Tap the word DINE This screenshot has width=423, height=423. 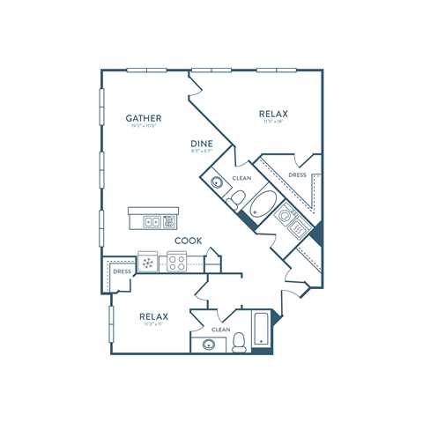[x=202, y=143]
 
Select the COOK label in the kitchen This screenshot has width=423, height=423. [x=188, y=240]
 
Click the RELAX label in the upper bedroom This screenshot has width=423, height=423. [x=275, y=114]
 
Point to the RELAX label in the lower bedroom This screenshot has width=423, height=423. [x=153, y=315]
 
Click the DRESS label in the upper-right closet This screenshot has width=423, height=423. [x=298, y=175]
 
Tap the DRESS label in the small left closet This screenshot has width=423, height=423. [x=122, y=271]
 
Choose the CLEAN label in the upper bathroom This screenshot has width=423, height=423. [x=241, y=179]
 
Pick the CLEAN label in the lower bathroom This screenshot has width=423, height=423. [x=220, y=330]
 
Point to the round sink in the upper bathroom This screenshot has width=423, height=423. [x=217, y=183]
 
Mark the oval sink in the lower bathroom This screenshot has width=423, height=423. [x=210, y=345]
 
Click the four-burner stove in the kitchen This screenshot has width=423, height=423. [x=175, y=261]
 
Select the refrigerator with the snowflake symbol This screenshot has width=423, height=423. [x=147, y=261]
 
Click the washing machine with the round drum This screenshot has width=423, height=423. [x=285, y=215]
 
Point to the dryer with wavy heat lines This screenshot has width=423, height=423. [x=299, y=229]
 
